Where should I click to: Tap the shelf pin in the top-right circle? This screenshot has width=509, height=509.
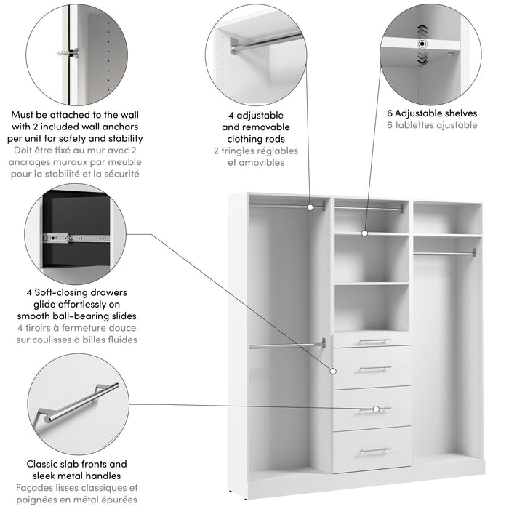[422, 44]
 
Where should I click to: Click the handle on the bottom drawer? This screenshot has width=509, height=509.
[374, 451]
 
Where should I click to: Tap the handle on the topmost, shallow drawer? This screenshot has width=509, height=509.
[374, 340]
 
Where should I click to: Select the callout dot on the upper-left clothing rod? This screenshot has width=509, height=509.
[310, 207]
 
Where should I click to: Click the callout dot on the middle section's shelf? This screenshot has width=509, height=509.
[366, 233]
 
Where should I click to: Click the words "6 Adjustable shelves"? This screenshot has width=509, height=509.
[432, 113]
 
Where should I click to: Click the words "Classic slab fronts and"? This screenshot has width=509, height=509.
[76, 464]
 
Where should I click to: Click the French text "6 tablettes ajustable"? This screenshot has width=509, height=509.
[432, 125]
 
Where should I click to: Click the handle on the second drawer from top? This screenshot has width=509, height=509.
[374, 369]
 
